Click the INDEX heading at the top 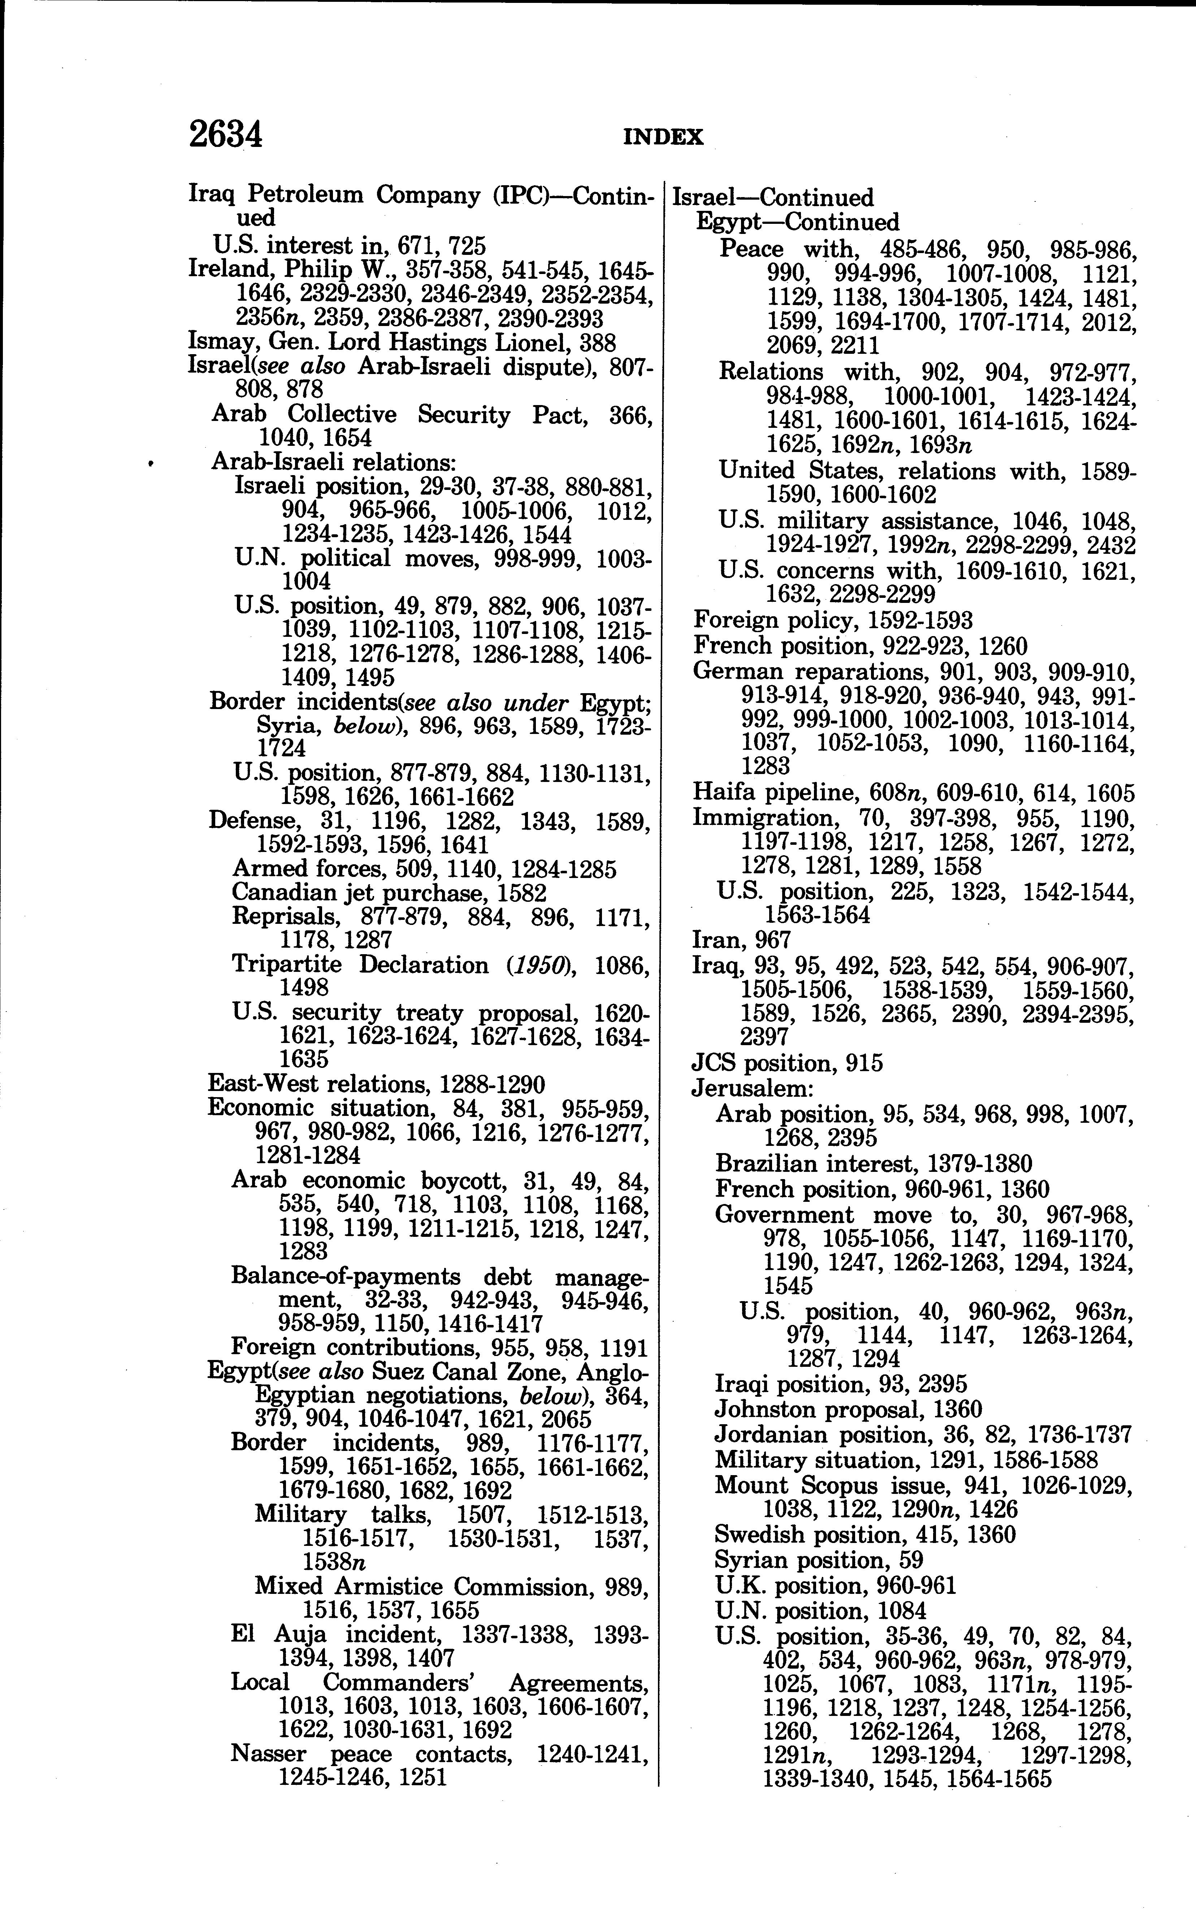pyautogui.click(x=663, y=138)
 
